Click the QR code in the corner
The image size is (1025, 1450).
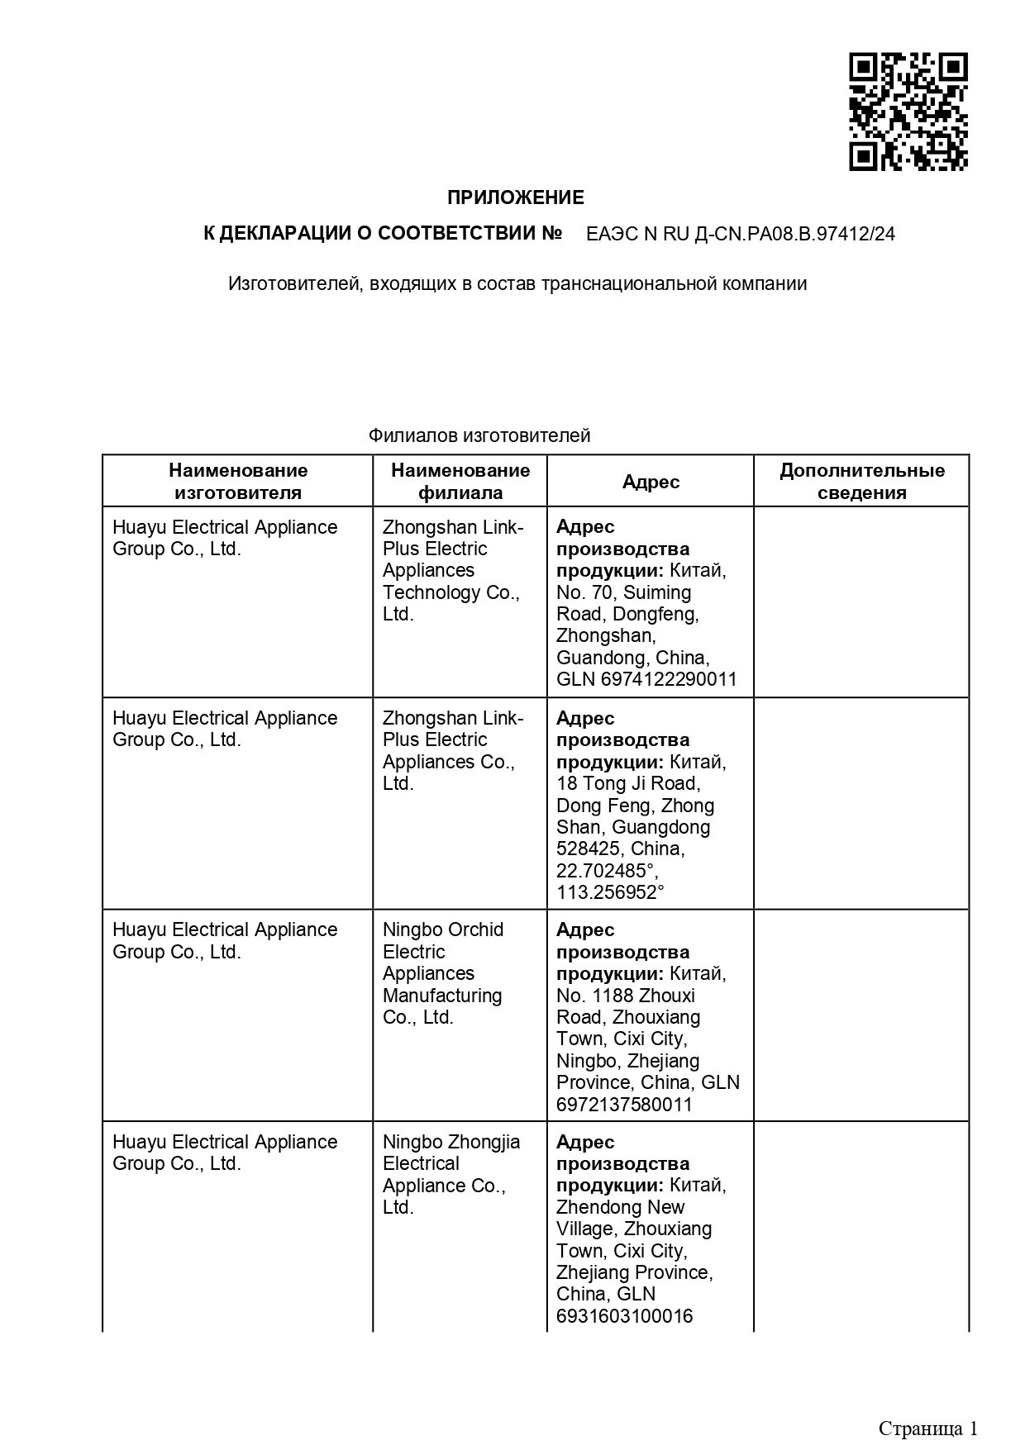[908, 112]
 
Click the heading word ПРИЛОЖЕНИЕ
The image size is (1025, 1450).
[516, 197]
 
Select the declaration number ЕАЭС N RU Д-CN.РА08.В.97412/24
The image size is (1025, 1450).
[740, 234]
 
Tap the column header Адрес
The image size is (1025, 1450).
[651, 482]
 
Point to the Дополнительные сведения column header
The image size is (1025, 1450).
[861, 482]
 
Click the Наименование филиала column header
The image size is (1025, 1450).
[460, 482]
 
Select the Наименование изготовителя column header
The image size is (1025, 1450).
[238, 482]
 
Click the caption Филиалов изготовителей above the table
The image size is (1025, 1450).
[479, 435]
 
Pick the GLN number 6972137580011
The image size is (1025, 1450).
[624, 1105]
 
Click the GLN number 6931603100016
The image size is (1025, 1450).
[624, 1316]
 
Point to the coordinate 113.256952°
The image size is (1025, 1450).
[610, 892]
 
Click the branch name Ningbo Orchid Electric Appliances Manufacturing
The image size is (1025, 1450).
[442, 973]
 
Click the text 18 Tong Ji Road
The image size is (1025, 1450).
[628, 783]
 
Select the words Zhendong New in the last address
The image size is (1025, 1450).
[620, 1207]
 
